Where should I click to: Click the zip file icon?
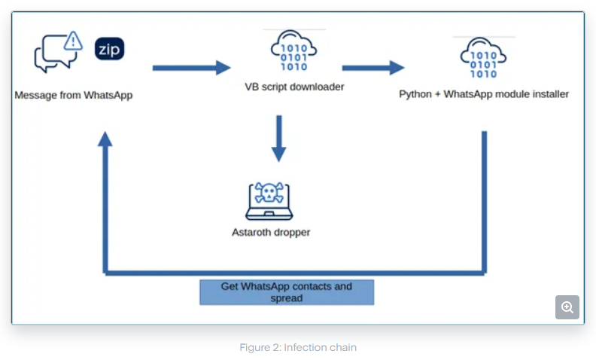click(109, 50)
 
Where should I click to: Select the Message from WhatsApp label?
click(74, 96)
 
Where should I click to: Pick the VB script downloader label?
click(294, 87)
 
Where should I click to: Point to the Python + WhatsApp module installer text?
click(484, 94)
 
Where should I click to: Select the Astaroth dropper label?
click(271, 232)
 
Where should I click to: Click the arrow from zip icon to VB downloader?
click(191, 68)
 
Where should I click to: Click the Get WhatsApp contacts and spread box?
click(286, 292)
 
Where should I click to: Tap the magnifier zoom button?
click(567, 307)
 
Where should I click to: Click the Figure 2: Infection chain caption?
click(298, 347)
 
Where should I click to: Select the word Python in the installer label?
click(415, 94)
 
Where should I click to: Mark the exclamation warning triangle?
click(72, 41)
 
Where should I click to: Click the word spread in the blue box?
click(286, 298)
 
